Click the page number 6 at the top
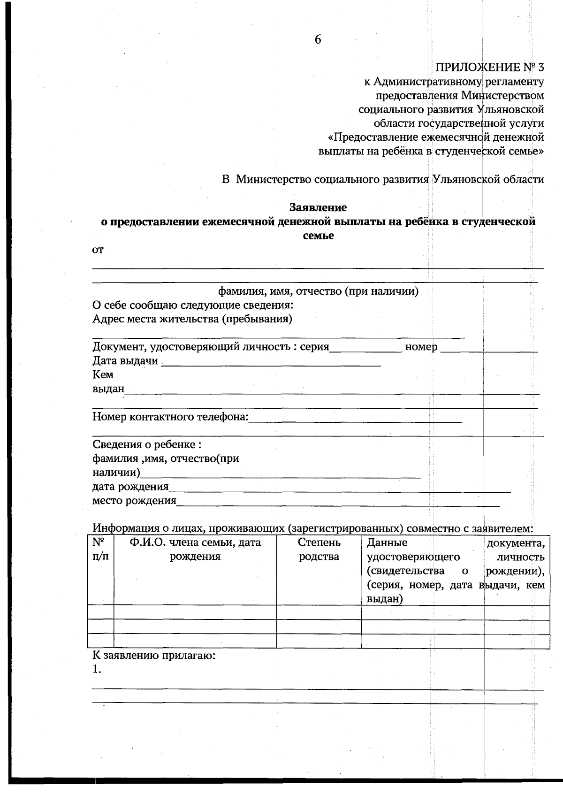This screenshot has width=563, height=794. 318,40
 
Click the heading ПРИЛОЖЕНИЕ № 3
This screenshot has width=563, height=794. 490,68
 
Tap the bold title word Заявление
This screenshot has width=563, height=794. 318,207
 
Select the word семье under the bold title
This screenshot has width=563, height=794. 318,236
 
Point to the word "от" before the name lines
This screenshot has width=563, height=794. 98,250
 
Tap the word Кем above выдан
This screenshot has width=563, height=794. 103,375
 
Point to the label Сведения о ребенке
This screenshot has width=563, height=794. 147,444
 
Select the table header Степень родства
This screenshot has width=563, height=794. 319,550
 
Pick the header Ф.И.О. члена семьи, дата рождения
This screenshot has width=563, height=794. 195,550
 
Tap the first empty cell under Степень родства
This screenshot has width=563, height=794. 319,612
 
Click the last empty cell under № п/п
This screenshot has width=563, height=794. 100,641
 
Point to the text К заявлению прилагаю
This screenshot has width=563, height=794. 154,656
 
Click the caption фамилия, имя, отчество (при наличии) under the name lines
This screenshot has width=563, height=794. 318,291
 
